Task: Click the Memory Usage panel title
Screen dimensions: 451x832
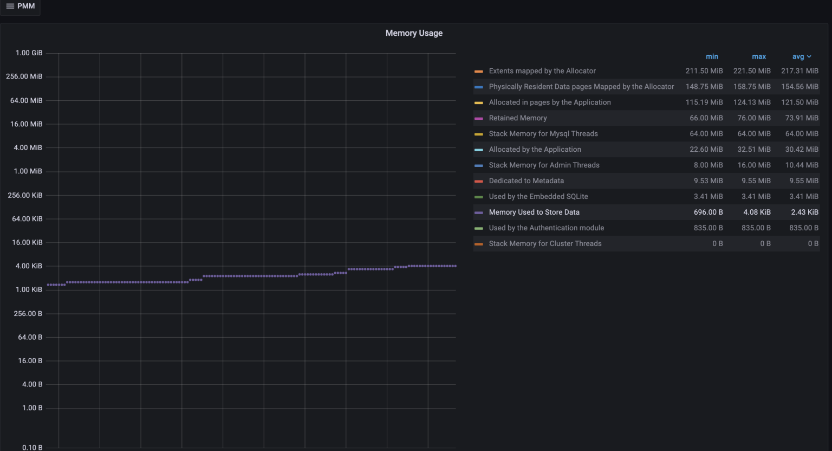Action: click(414, 33)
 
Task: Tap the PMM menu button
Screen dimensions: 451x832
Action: click(21, 6)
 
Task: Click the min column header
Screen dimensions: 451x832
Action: click(712, 56)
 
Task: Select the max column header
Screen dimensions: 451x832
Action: click(759, 56)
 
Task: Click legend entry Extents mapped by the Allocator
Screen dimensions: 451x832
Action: click(542, 71)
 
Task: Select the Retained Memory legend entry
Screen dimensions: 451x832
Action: click(518, 118)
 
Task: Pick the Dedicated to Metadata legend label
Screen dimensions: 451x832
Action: click(526, 181)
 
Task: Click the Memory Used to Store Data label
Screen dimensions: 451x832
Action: click(534, 212)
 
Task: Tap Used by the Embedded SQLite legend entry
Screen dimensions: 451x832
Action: click(538, 197)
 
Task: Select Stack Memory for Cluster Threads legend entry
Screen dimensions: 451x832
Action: click(545, 244)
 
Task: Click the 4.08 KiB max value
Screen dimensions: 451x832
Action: click(757, 212)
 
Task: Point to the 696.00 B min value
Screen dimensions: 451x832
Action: click(708, 212)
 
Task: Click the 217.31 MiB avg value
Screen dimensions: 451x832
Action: click(799, 71)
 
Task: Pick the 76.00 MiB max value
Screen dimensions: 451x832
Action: click(754, 118)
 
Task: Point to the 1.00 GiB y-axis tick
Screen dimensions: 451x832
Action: click(29, 53)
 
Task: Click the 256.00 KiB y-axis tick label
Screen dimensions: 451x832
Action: click(25, 195)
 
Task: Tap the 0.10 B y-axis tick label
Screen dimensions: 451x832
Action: click(32, 447)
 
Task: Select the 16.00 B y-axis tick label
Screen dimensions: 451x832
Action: click(30, 361)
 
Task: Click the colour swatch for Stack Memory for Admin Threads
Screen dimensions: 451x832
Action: click(478, 166)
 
